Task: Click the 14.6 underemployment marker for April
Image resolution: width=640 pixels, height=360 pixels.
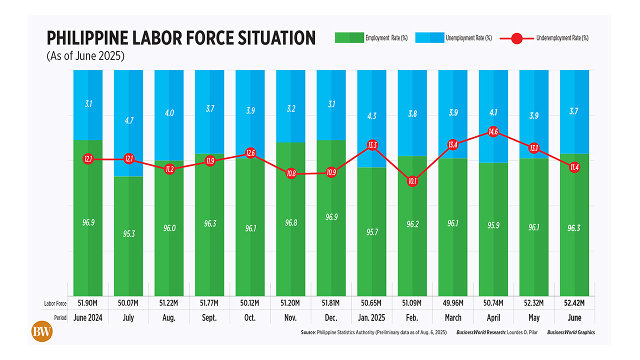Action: pyautogui.click(x=493, y=132)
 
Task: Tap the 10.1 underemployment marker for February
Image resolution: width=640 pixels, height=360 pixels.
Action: pyautogui.click(x=412, y=181)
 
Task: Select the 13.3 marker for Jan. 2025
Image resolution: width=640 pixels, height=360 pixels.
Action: pyautogui.click(x=371, y=145)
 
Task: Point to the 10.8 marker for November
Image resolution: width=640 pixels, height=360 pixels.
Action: pyautogui.click(x=290, y=174)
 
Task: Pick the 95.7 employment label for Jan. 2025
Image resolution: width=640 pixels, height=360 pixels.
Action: pyautogui.click(x=371, y=232)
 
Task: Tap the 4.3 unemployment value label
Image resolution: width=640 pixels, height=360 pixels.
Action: pyautogui.click(x=371, y=115)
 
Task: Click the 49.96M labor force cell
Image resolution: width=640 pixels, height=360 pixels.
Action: pyautogui.click(x=452, y=303)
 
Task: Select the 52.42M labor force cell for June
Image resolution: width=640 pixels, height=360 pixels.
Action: pyautogui.click(x=574, y=303)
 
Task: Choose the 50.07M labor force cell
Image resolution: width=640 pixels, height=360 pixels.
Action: pyautogui.click(x=128, y=303)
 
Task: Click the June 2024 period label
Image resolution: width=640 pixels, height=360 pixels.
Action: pyautogui.click(x=88, y=317)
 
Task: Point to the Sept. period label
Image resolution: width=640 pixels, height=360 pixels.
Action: pyautogui.click(x=209, y=317)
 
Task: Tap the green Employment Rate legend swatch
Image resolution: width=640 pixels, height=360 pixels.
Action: pyautogui.click(x=349, y=38)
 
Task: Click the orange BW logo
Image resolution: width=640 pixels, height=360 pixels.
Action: pyautogui.click(x=42, y=331)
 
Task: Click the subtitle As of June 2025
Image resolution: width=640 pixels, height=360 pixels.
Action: pyautogui.click(x=85, y=56)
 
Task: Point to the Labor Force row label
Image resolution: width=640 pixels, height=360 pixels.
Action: pyautogui.click(x=54, y=303)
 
